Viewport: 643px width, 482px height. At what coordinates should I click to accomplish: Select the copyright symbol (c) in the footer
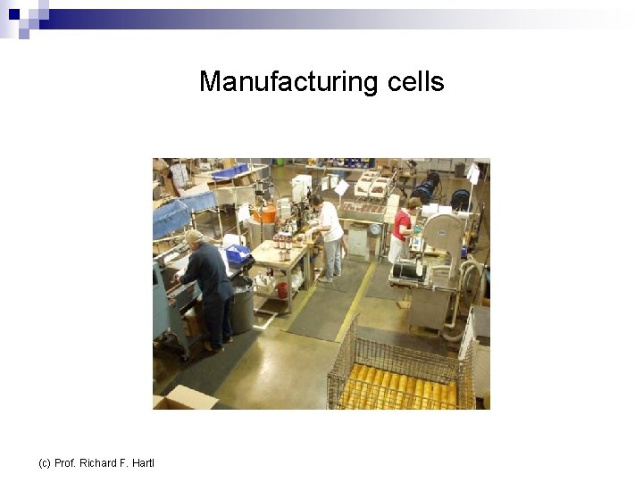pos(45,462)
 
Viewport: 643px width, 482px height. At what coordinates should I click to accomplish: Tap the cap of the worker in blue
pos(193,236)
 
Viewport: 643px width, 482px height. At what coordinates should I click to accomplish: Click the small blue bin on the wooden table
pos(238,253)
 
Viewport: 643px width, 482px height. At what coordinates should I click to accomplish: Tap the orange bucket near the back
pos(264,213)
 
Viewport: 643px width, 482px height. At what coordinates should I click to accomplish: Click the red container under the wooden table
pos(282,289)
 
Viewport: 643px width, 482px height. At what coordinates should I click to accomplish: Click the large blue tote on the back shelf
pos(230,172)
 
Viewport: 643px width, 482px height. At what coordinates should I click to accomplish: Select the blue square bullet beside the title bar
pos(14,14)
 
